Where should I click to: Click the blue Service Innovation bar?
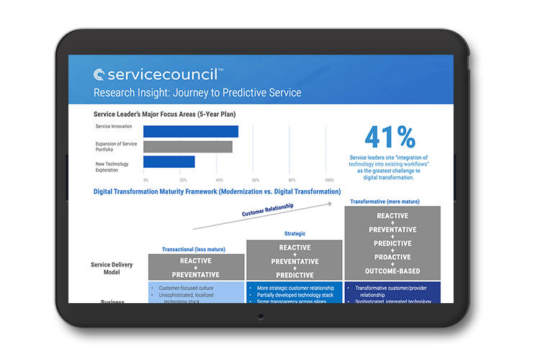190,131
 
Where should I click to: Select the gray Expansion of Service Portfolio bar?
187,146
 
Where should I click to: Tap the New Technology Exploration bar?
168,162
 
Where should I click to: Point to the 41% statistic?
390,138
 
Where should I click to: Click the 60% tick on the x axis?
256,180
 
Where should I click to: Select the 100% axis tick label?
329,180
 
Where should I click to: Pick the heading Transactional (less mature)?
193,249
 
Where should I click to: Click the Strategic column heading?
295,233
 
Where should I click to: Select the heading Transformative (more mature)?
384,202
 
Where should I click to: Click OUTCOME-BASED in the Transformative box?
392,271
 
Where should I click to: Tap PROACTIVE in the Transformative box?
392,257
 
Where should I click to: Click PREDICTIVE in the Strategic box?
295,275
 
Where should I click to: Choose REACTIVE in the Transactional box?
196,261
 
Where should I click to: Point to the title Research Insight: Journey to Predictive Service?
197,93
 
